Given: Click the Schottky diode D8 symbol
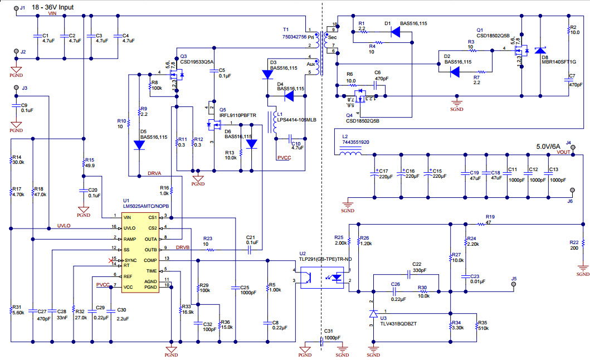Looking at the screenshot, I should (540, 51).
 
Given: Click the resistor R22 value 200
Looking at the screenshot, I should (574, 248).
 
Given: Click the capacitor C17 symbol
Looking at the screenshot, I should (376, 174).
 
